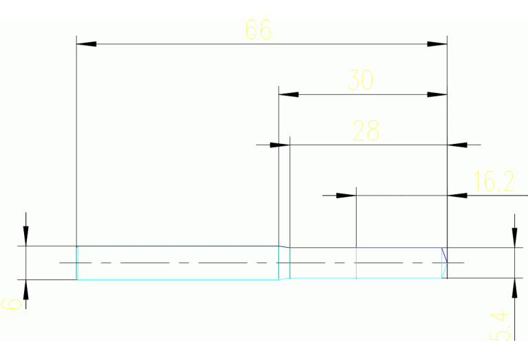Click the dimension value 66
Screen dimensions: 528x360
(x=258, y=30)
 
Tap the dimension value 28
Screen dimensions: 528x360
(x=366, y=130)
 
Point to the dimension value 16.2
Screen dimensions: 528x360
(x=494, y=182)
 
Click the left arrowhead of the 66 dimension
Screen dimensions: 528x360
(x=86, y=44)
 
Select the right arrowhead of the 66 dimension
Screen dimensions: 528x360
(x=437, y=44)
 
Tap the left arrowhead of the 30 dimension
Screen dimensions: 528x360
(x=288, y=94)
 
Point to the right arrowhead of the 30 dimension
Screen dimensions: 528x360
(x=437, y=94)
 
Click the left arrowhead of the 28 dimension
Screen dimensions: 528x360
(x=279, y=145)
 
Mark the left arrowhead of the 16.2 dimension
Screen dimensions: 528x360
(x=346, y=195)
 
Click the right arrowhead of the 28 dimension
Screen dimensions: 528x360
(x=458, y=145)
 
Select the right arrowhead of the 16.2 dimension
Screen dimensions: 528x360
(x=458, y=195)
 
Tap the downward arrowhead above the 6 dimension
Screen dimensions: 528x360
(x=25, y=236)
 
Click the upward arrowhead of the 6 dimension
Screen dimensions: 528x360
(x=25, y=289)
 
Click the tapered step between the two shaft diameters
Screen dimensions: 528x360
(x=284, y=263)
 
